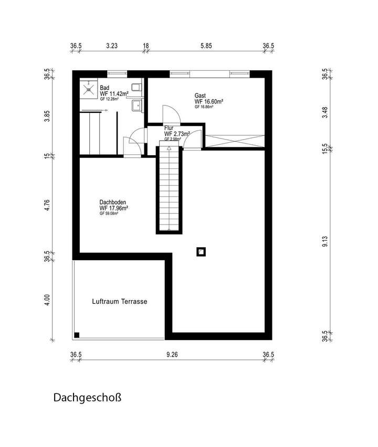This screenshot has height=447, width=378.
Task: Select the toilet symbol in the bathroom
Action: [136, 87]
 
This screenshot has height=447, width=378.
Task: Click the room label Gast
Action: [199, 95]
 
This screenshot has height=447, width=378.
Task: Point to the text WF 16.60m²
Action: [209, 101]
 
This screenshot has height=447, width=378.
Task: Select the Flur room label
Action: [169, 128]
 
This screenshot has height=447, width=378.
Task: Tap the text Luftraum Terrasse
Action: [119, 302]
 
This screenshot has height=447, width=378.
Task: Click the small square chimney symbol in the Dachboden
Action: [201, 252]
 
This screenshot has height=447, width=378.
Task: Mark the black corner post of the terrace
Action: [77, 335]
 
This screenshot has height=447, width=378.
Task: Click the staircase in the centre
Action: [169, 189]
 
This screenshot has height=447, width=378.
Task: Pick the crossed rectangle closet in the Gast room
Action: [235, 141]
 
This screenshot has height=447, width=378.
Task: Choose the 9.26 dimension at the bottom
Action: [172, 355]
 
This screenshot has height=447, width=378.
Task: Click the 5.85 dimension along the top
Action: [206, 46]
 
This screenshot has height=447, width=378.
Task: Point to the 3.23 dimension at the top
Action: [111, 46]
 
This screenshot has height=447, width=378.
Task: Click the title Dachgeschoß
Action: [87, 398]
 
